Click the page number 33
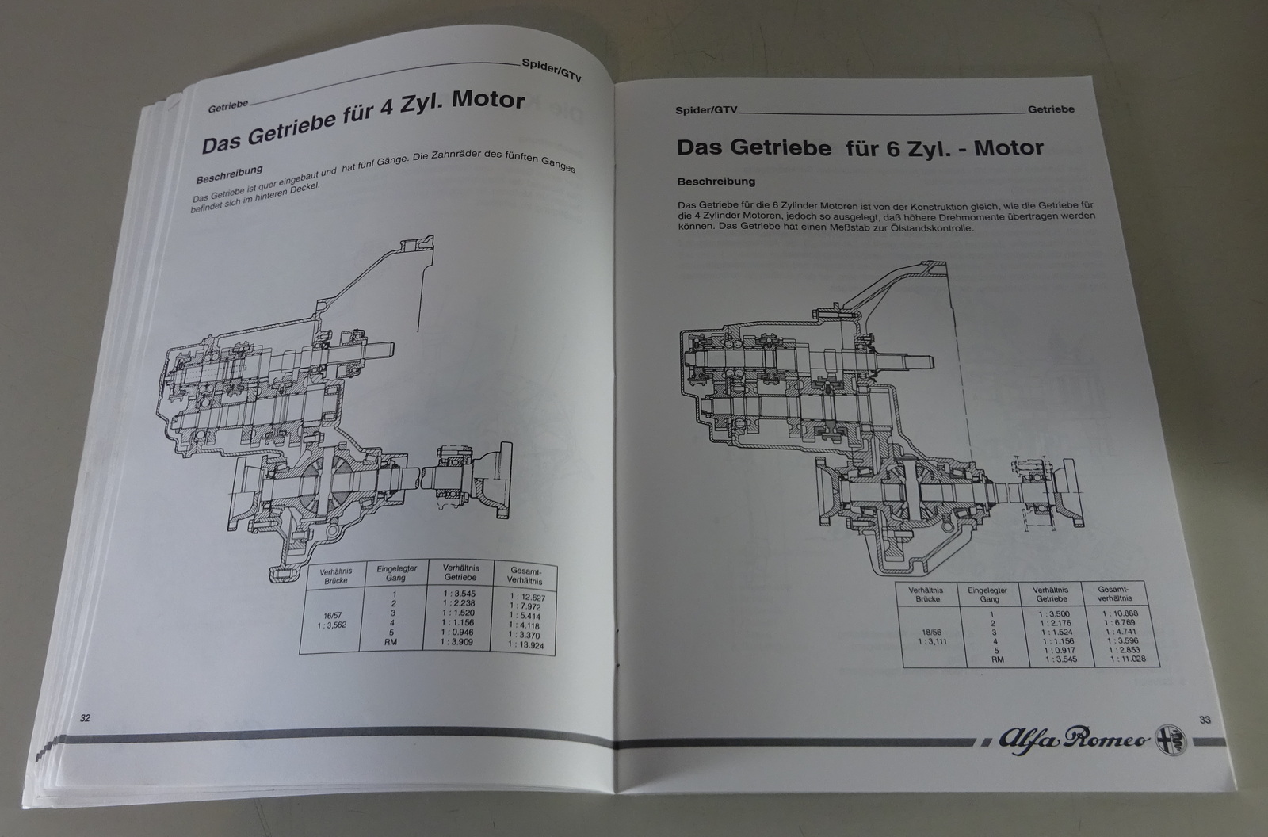coord(1205,720)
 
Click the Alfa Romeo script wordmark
coord(1064,741)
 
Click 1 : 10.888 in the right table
coord(1116,613)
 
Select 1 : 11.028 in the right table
coord(1116,659)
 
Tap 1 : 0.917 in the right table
coord(1051,649)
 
